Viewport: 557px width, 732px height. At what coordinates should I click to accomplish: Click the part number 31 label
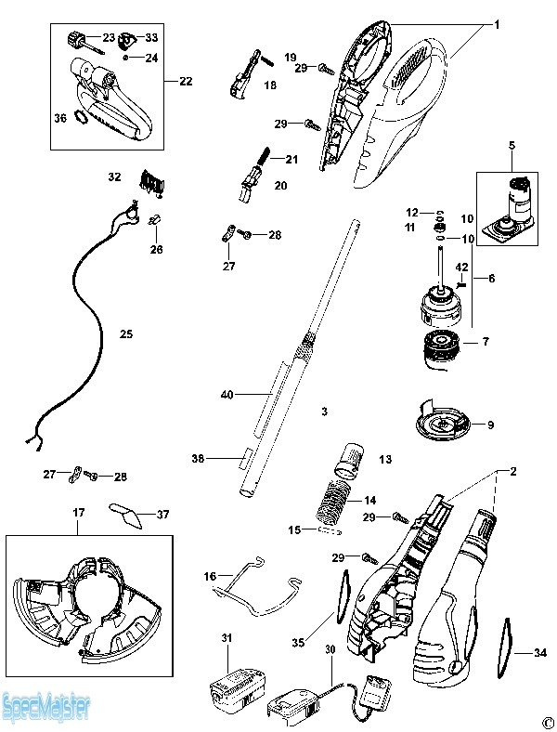[x=227, y=637]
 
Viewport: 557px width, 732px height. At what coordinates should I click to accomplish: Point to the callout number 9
[x=490, y=425]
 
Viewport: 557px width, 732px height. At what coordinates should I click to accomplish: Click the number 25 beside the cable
[x=126, y=332]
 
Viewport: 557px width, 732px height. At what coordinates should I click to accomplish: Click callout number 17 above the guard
[x=79, y=512]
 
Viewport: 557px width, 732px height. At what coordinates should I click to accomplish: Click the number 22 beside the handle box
[x=186, y=82]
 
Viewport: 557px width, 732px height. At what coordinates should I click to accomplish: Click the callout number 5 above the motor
[x=511, y=145]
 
